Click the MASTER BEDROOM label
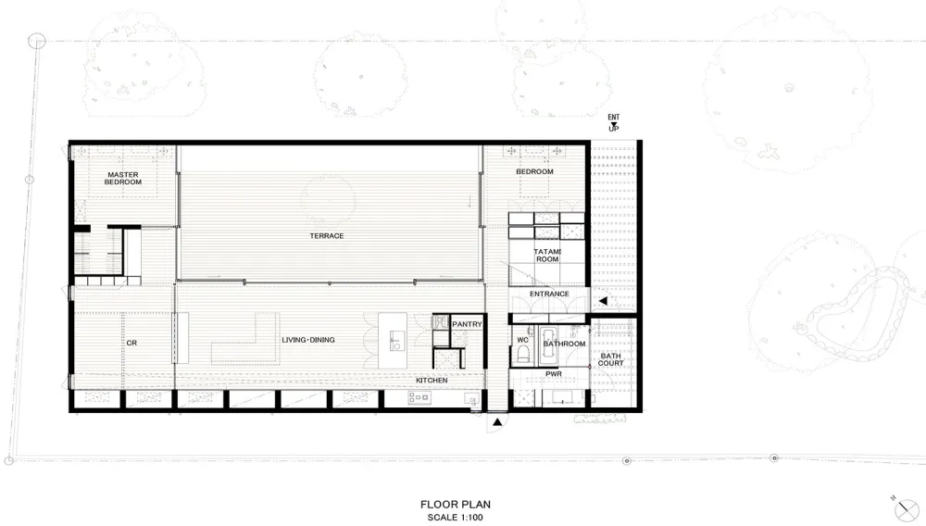tap(123, 179)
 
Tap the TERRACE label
tap(327, 235)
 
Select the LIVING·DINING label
tap(308, 340)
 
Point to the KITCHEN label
tap(432, 381)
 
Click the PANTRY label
tap(467, 324)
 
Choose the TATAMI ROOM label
tap(547, 256)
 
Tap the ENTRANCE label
tap(549, 294)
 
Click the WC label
tap(522, 340)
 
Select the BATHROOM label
tap(565, 344)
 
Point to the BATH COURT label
tap(610, 359)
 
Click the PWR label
tap(554, 374)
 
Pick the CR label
tap(131, 343)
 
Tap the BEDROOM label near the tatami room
tap(534, 172)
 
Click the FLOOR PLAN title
tap(456, 504)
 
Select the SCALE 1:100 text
tap(456, 518)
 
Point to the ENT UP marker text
tap(614, 123)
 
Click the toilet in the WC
tap(523, 354)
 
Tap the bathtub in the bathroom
tap(548, 345)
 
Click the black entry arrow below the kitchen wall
tap(497, 421)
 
